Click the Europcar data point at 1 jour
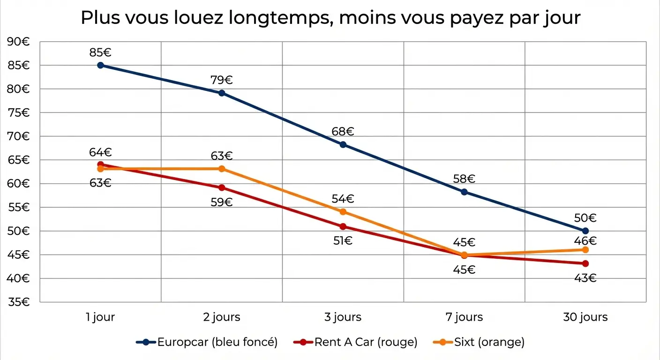[100, 65]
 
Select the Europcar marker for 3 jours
[343, 144]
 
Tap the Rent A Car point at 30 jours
[585, 263]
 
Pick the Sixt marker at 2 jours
[222, 169]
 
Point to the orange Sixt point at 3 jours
[343, 212]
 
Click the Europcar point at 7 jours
[464, 192]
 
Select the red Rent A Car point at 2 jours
[222, 188]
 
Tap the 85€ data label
[100, 52]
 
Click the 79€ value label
[222, 80]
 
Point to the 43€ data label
[585, 278]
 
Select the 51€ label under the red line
[343, 241]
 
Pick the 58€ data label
[464, 179]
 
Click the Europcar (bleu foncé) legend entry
[207, 342]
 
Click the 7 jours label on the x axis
[464, 317]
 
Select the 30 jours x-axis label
[585, 317]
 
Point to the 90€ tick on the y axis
[19, 42]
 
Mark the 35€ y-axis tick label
[19, 302]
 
